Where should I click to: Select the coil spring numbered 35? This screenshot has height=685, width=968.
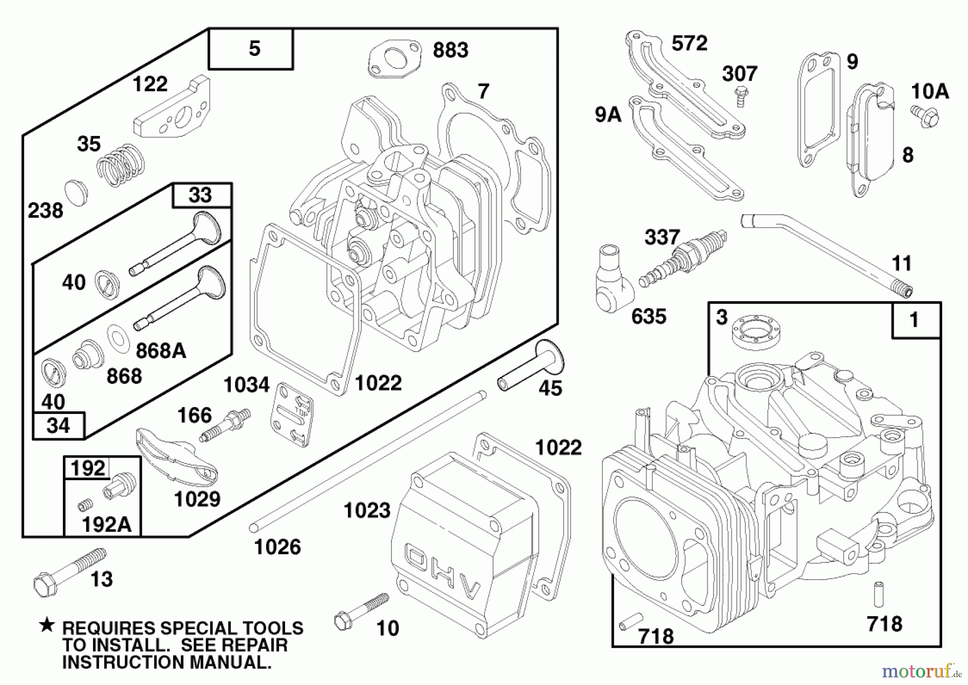coord(120,166)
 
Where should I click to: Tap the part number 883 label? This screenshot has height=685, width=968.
coord(451,51)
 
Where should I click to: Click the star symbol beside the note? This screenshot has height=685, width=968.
coord(47,625)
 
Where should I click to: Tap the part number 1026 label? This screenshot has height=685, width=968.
coord(277,547)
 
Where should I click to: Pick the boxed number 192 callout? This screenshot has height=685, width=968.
coord(88,468)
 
